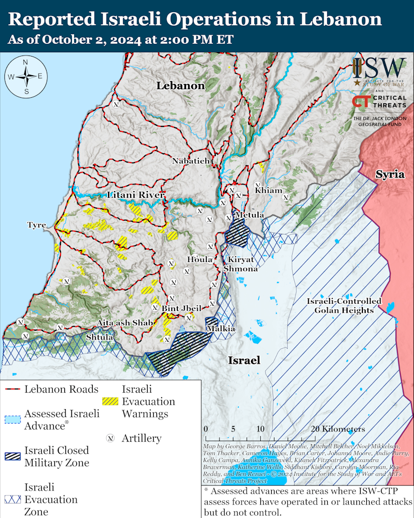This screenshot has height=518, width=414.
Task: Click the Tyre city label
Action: [36, 225]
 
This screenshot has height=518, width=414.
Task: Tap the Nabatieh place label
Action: [191, 161]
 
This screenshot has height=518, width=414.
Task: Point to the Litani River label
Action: [137, 195]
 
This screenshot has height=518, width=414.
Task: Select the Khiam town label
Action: [268, 190]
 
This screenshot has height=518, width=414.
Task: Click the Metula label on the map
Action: [249, 214]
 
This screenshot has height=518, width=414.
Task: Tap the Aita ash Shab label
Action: [124, 323]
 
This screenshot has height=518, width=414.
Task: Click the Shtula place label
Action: [100, 336]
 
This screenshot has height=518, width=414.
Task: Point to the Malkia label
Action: [221, 328]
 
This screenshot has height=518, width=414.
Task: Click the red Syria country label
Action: [390, 174]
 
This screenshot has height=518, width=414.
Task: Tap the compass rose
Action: [26, 76]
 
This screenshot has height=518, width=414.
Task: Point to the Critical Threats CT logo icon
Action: [361, 102]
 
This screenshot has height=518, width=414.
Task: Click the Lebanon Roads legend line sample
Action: [13, 389]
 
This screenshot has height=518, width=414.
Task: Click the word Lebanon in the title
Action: [340, 20]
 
